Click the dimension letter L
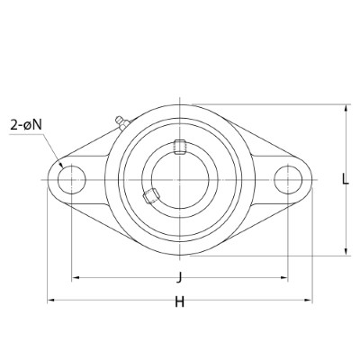coord(346,179)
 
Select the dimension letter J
coord(180,276)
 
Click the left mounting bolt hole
coord(70,179)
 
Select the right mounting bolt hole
coord(289,179)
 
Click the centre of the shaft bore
coord(180,179)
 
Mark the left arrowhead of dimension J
coord(74,277)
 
